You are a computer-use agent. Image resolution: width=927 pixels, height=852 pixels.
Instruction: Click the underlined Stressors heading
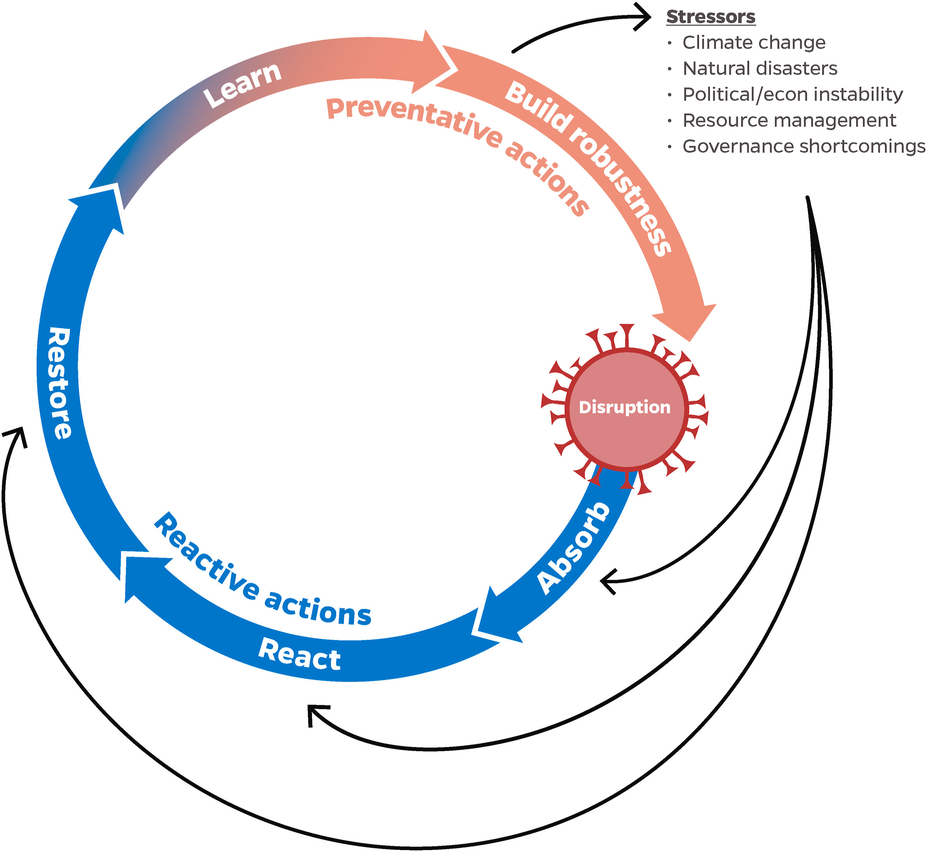(x=710, y=17)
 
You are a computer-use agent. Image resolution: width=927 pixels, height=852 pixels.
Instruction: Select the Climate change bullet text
(x=754, y=42)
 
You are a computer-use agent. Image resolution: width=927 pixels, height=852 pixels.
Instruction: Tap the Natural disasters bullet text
(x=760, y=68)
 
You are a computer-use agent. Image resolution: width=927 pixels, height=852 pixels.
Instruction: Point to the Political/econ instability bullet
(x=792, y=95)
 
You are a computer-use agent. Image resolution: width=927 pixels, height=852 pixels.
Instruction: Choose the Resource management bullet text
(x=789, y=120)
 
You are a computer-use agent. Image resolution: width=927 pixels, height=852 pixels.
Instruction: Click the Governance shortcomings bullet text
(x=803, y=146)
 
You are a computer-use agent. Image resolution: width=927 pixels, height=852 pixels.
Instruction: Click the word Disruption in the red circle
(x=625, y=407)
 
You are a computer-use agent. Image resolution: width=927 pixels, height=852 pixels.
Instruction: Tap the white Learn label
(x=243, y=85)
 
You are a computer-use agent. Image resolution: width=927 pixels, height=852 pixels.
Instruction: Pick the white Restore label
(x=60, y=383)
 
